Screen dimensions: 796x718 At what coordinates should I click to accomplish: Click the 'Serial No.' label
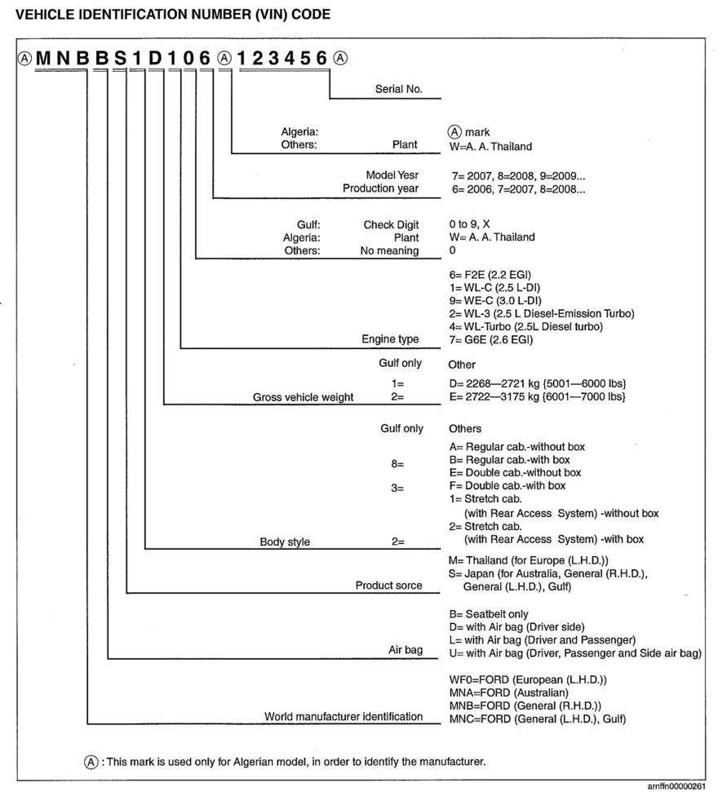click(399, 90)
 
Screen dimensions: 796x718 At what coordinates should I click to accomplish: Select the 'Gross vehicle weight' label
click(304, 397)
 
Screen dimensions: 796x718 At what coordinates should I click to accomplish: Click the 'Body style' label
click(285, 542)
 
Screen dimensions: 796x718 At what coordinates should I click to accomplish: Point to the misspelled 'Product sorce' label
click(389, 585)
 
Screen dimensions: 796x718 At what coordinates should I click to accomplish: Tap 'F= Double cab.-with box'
click(507, 485)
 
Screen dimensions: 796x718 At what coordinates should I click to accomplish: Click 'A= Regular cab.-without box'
click(516, 447)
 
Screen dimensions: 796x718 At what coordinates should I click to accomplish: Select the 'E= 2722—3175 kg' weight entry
click(537, 396)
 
